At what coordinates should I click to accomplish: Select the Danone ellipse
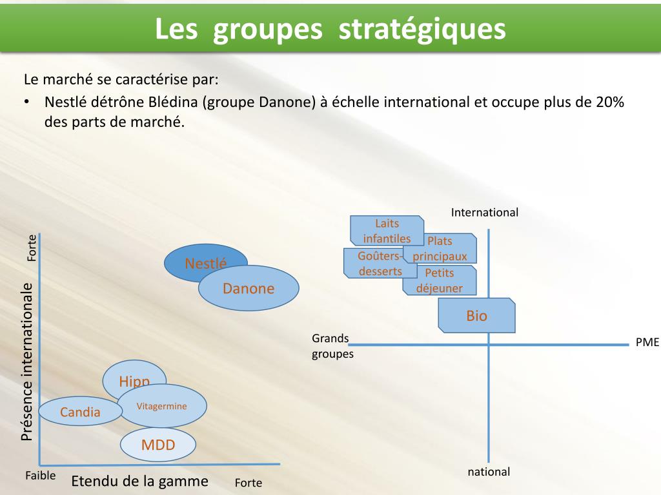[249, 288]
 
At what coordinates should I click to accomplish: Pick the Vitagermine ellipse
[162, 406]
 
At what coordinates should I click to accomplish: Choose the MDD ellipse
[158, 445]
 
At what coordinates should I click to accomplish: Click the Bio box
[477, 316]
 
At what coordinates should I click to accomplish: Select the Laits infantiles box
[387, 230]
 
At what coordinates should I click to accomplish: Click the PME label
[647, 342]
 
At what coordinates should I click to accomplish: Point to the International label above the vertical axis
[485, 212]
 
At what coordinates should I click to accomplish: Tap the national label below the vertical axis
[489, 472]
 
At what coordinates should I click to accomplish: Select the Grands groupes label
[332, 346]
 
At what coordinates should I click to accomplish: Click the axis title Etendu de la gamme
[139, 481]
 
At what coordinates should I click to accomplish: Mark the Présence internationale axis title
[26, 361]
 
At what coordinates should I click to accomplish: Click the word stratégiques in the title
[422, 29]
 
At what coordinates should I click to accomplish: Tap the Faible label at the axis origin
[40, 476]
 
